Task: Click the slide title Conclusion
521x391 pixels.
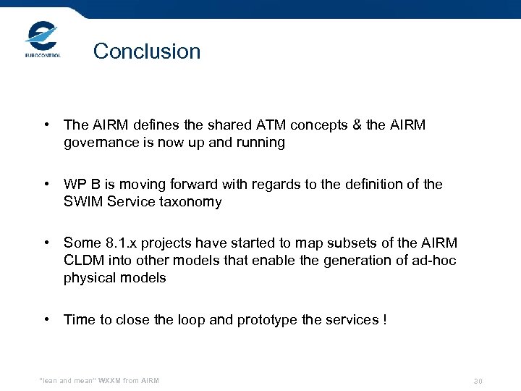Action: point(147,51)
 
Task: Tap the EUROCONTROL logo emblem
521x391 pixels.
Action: point(42,36)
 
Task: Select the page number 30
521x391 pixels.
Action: point(478,381)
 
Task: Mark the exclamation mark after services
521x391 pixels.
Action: point(384,319)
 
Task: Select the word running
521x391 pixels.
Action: point(259,143)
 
